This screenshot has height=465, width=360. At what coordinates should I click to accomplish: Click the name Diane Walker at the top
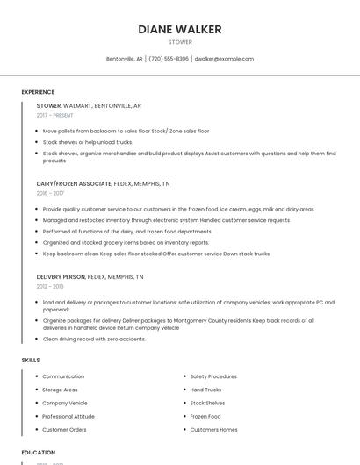(179, 29)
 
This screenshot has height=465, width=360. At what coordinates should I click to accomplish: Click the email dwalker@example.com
(224, 59)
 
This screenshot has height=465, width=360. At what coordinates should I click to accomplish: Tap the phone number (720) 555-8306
(169, 59)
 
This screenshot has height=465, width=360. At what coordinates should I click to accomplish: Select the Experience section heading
(38, 92)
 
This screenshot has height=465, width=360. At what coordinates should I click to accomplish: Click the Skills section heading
(31, 360)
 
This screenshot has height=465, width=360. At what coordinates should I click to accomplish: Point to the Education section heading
(37, 453)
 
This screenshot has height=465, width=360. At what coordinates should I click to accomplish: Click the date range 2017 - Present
(54, 115)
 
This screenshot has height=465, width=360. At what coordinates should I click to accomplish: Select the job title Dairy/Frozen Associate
(75, 184)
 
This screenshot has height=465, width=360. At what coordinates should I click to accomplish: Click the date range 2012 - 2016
(50, 286)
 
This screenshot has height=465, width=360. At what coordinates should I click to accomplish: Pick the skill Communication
(63, 376)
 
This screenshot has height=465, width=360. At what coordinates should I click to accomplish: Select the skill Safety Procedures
(213, 376)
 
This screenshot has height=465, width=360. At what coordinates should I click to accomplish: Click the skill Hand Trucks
(205, 390)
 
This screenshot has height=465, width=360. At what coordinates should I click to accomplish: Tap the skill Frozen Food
(205, 416)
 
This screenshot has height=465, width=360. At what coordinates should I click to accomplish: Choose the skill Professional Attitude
(68, 416)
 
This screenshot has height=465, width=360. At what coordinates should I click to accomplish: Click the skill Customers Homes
(213, 429)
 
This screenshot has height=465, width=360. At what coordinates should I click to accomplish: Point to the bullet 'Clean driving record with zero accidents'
(94, 339)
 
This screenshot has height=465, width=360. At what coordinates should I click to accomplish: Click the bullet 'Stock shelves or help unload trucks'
(88, 141)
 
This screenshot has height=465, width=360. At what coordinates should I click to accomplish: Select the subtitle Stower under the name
(179, 41)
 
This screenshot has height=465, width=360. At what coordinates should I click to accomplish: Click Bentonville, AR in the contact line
(124, 59)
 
